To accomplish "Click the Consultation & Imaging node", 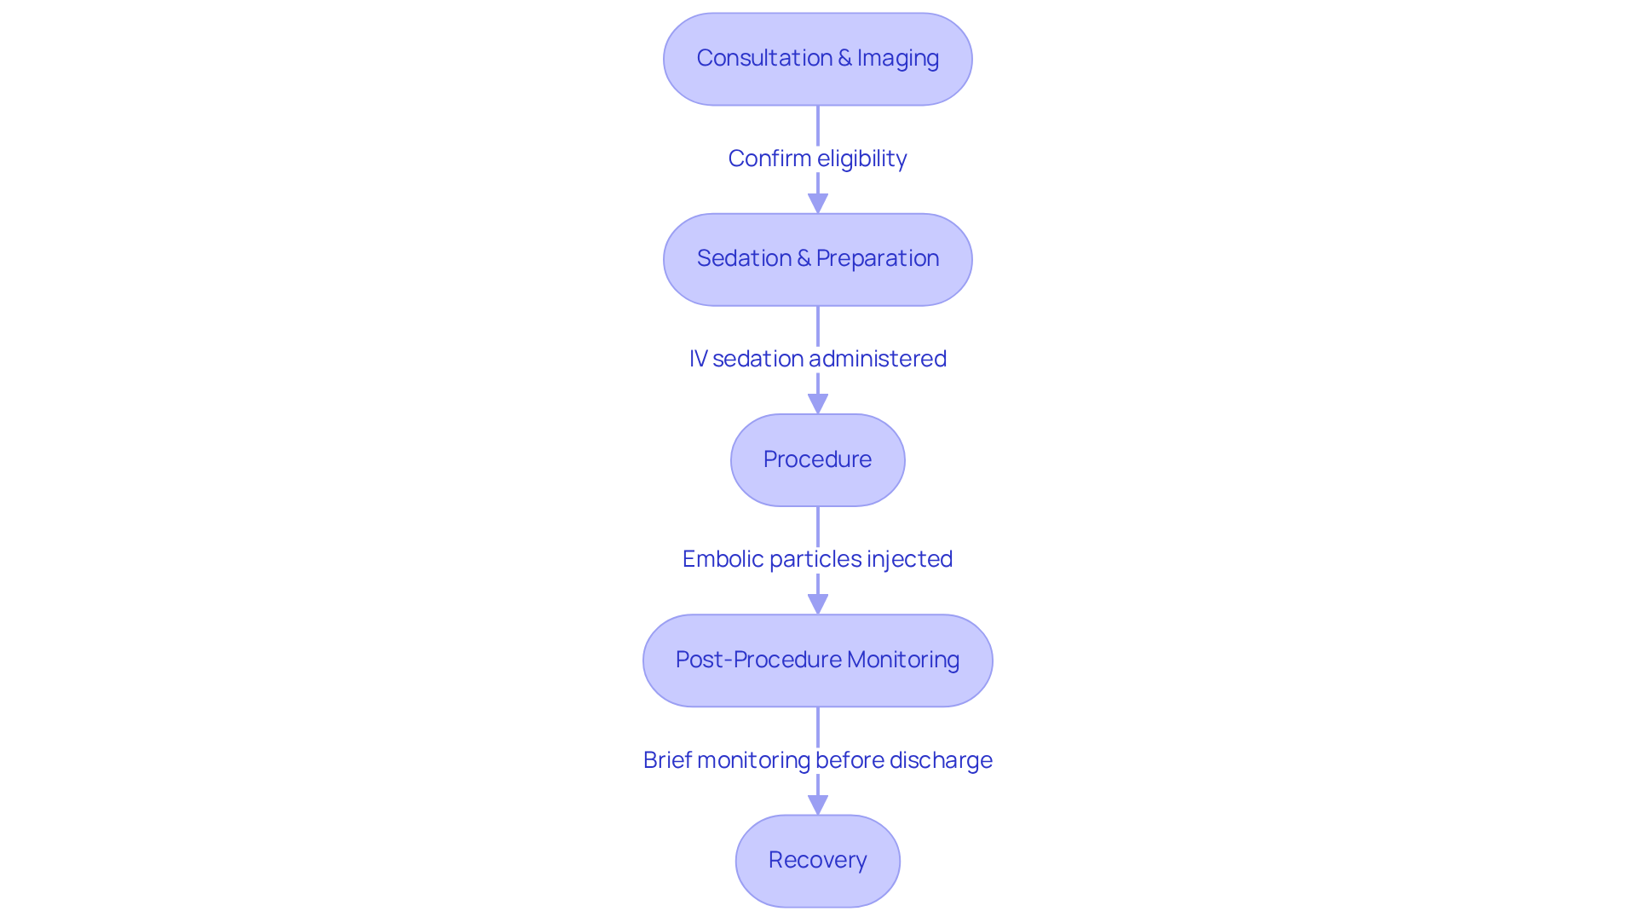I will click(817, 59).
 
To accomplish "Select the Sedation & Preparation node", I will click(817, 259).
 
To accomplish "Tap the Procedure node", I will click(817, 460).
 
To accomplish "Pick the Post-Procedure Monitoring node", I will click(817, 661).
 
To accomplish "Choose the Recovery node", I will click(817, 861).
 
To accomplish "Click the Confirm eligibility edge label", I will click(817, 159).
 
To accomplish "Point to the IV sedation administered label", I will click(817, 359).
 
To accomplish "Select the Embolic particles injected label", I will click(817, 559).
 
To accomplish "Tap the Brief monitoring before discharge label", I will click(817, 760).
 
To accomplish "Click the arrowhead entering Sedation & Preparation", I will click(818, 204).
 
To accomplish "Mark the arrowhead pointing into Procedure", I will click(818, 404).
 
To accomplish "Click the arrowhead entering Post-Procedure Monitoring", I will click(818, 604).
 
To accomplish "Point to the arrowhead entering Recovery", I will click(818, 805).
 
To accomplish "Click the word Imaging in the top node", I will click(898, 58).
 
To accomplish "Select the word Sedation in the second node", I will click(744, 258).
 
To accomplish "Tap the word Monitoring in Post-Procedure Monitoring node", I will click(903, 660).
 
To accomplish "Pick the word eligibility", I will click(861, 159).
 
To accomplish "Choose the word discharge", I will click(941, 760).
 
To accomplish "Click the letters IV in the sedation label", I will click(698, 359).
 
